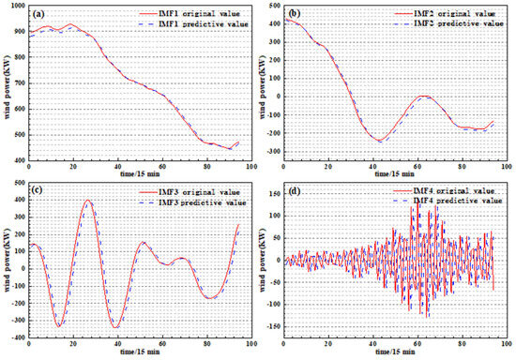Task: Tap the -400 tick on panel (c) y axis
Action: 15,337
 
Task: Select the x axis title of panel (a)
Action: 136,176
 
